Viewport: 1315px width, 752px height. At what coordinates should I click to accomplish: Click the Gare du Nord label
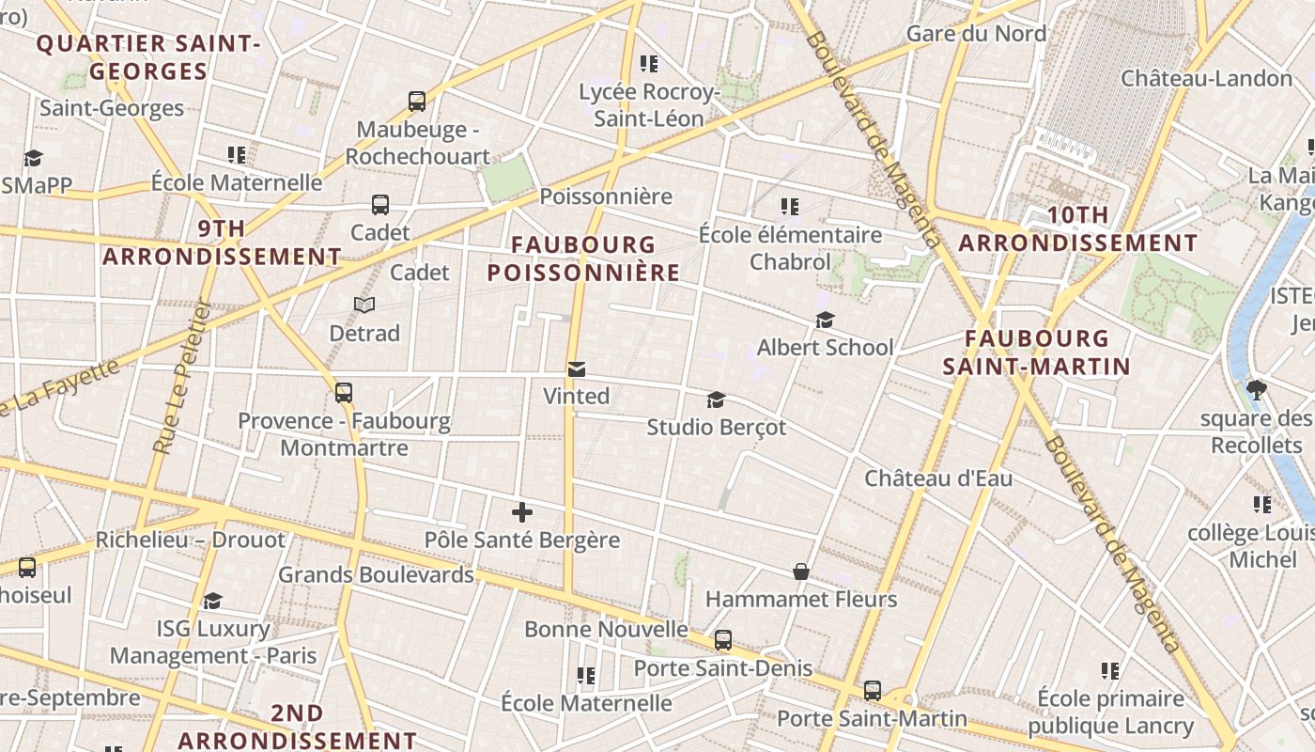[x=976, y=34]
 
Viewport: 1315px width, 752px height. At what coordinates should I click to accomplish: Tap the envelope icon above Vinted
[x=576, y=369]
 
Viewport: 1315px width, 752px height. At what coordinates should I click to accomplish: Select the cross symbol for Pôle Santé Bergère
[x=522, y=512]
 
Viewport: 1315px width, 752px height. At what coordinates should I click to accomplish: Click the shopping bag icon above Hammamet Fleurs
[x=801, y=572]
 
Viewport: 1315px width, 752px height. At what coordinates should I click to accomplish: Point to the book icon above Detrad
[x=364, y=305]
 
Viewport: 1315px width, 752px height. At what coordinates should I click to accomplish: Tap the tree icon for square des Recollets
[x=1257, y=390]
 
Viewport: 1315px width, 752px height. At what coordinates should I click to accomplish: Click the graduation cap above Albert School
[x=825, y=321]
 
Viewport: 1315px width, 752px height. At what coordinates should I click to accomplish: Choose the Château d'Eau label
[x=938, y=478]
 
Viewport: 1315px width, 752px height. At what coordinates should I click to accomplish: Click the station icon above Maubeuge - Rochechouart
[x=417, y=101]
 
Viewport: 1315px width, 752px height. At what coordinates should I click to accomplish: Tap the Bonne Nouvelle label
[x=606, y=629]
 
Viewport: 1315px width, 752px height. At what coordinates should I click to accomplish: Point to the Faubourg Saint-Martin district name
[x=1036, y=352]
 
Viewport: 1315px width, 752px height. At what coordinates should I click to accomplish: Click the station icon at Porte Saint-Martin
[x=873, y=692]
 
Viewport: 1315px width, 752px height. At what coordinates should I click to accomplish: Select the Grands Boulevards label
[x=376, y=574]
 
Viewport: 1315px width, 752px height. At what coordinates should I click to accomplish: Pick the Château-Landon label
[x=1207, y=78]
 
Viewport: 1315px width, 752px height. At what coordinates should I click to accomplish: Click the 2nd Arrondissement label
[x=297, y=727]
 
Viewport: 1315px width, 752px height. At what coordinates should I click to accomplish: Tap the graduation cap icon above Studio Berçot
[x=716, y=400]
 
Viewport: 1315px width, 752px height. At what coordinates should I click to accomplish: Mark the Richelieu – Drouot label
[x=190, y=540]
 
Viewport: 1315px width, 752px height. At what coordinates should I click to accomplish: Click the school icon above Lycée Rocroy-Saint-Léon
[x=648, y=64]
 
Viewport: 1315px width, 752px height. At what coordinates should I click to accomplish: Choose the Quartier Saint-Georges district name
[x=147, y=57]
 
